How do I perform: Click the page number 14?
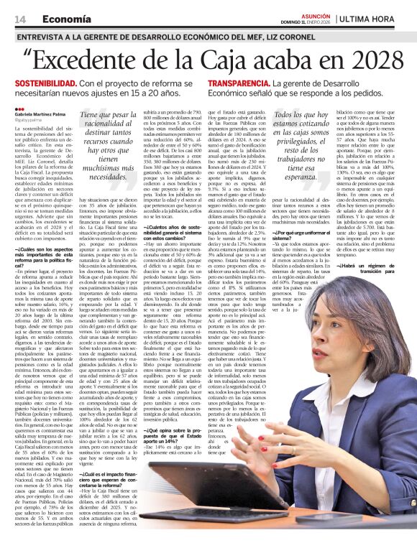pyautogui.click(x=20, y=18)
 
